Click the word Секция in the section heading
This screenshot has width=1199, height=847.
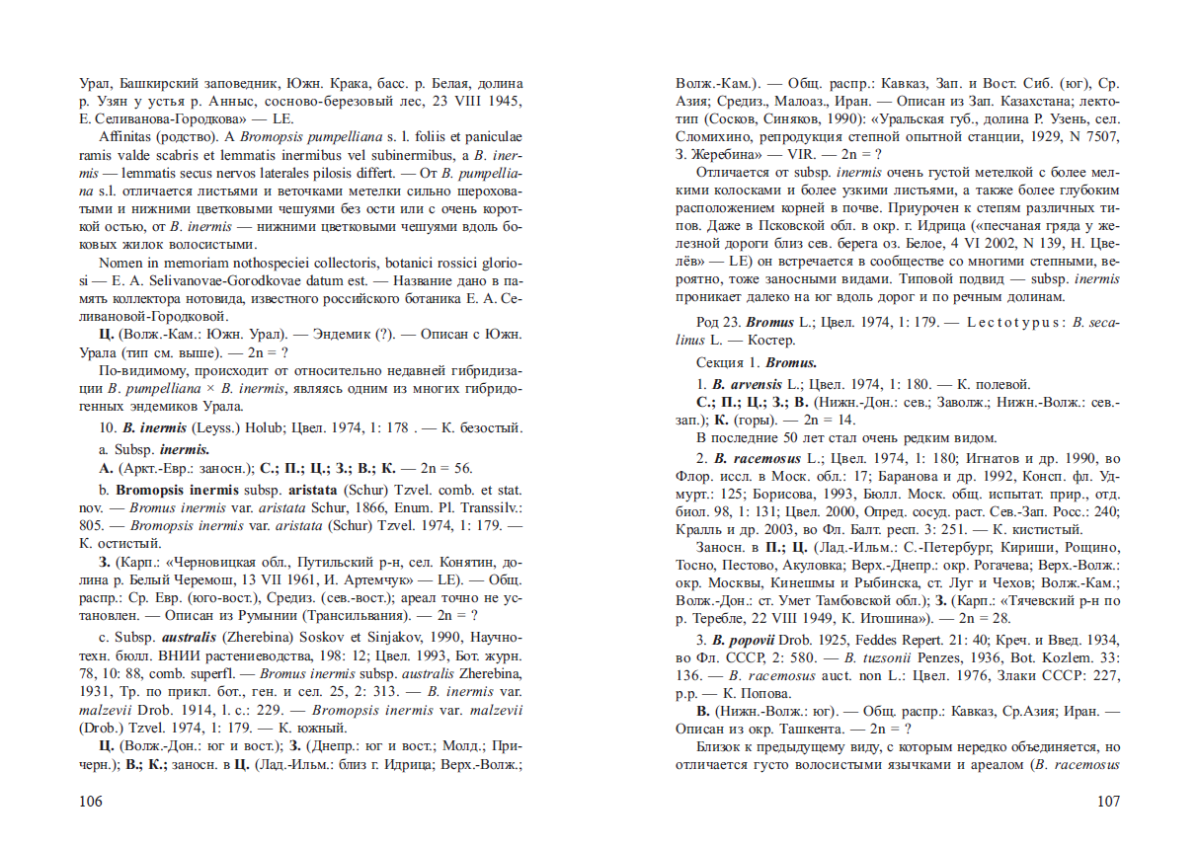point(720,362)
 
